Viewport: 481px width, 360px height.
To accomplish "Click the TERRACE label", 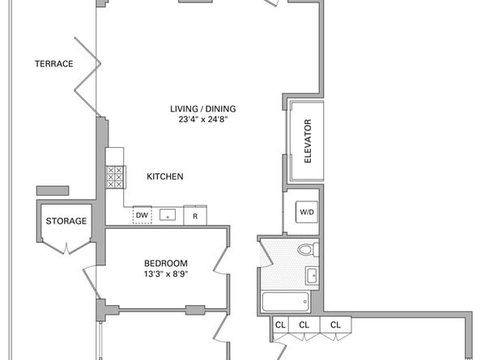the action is coord(54,64).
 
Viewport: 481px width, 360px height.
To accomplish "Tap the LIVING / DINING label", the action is coord(203,108).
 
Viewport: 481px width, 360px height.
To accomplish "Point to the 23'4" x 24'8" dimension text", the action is coord(203,119).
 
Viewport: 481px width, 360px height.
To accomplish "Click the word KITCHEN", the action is coord(165,176).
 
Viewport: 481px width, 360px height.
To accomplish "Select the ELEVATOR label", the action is coord(308,141).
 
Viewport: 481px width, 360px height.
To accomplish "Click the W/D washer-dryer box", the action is coord(307,212).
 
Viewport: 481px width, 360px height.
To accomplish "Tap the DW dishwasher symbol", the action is coord(142,215).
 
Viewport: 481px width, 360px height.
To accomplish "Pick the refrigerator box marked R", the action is coord(195,216).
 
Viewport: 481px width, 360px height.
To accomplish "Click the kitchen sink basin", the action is coord(168,214).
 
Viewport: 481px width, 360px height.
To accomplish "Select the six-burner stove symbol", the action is coord(115,177).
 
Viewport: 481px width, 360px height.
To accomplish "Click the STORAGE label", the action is coord(66,221).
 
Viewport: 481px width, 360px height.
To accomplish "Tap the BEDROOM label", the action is coord(166,263).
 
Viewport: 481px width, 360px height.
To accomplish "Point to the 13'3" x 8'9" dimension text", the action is coord(166,273).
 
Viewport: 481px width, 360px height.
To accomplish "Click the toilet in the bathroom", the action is coord(309,250).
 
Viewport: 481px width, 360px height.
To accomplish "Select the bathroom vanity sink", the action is coord(313,275).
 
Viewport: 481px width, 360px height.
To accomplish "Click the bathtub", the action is coord(286,302).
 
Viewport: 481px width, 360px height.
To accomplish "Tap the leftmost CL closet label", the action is coord(280,324).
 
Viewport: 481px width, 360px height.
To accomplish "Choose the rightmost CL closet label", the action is coord(335,324).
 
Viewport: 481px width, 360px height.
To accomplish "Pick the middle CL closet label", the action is coord(304,324).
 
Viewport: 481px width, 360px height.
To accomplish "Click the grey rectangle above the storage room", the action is coord(53,191).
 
